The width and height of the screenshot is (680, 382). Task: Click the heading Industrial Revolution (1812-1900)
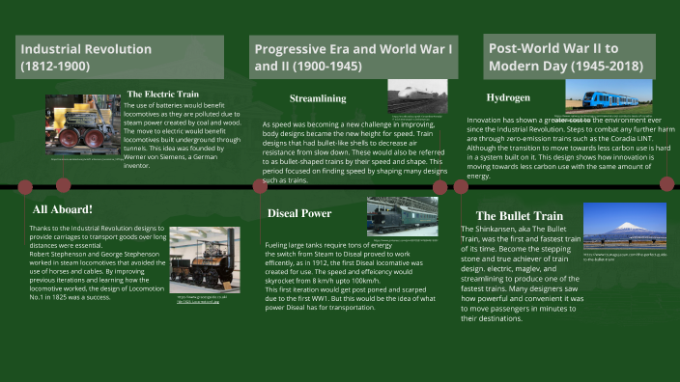pos(86,57)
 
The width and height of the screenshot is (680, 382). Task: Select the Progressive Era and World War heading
pos(353,57)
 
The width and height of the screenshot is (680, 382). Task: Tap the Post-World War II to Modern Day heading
pos(566,57)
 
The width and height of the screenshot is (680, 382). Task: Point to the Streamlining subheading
pos(319,98)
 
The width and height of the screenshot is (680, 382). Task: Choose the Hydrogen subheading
pos(508,98)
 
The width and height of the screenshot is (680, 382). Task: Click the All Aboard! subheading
pos(62,208)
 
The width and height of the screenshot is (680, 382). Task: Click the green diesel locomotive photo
pos(402,216)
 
